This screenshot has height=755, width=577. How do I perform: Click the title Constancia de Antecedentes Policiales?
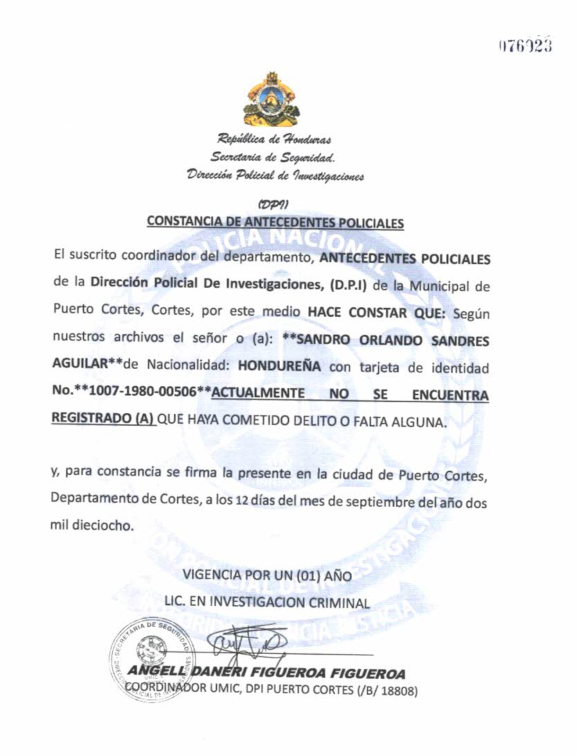tap(275, 223)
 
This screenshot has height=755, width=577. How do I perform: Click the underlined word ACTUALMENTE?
tap(258, 394)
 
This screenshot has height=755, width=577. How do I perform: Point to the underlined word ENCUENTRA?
tap(450, 395)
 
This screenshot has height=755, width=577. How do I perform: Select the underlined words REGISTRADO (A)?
tap(103, 421)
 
